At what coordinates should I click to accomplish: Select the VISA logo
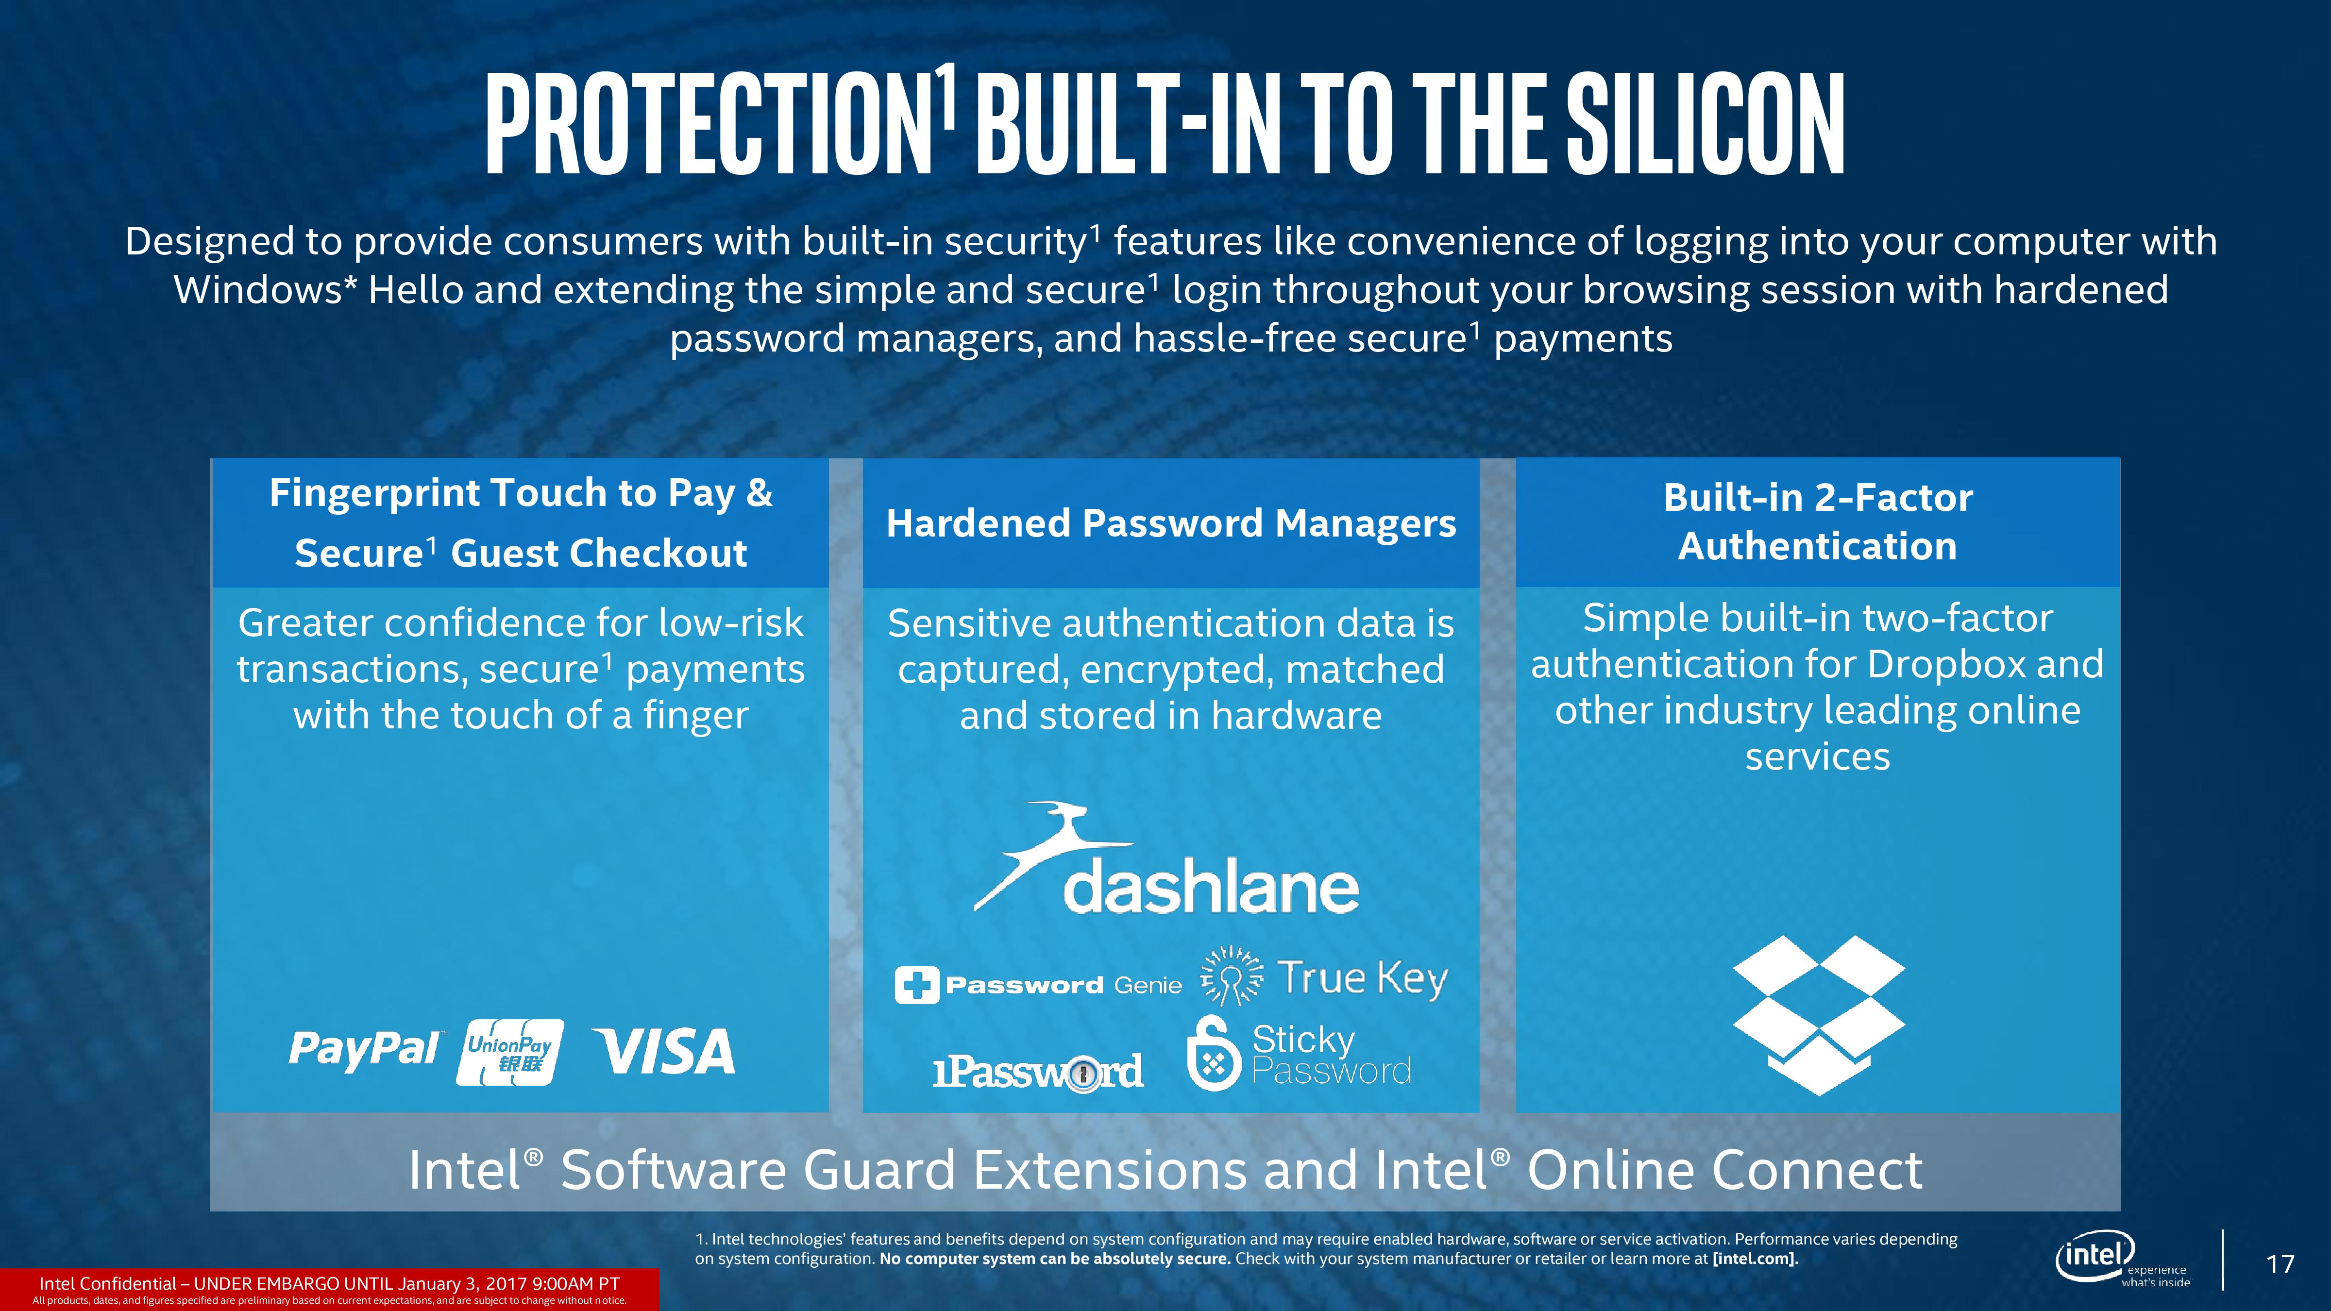pos(663,1051)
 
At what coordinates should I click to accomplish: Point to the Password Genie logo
pos(1038,984)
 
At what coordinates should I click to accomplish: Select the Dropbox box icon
pos(1819,1015)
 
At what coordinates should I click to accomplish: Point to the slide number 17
pos(2280,1264)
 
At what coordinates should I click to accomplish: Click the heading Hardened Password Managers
pos(1171,523)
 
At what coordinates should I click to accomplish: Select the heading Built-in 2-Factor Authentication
pos(1818,522)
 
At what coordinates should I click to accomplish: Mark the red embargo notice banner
pos(329,1289)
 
